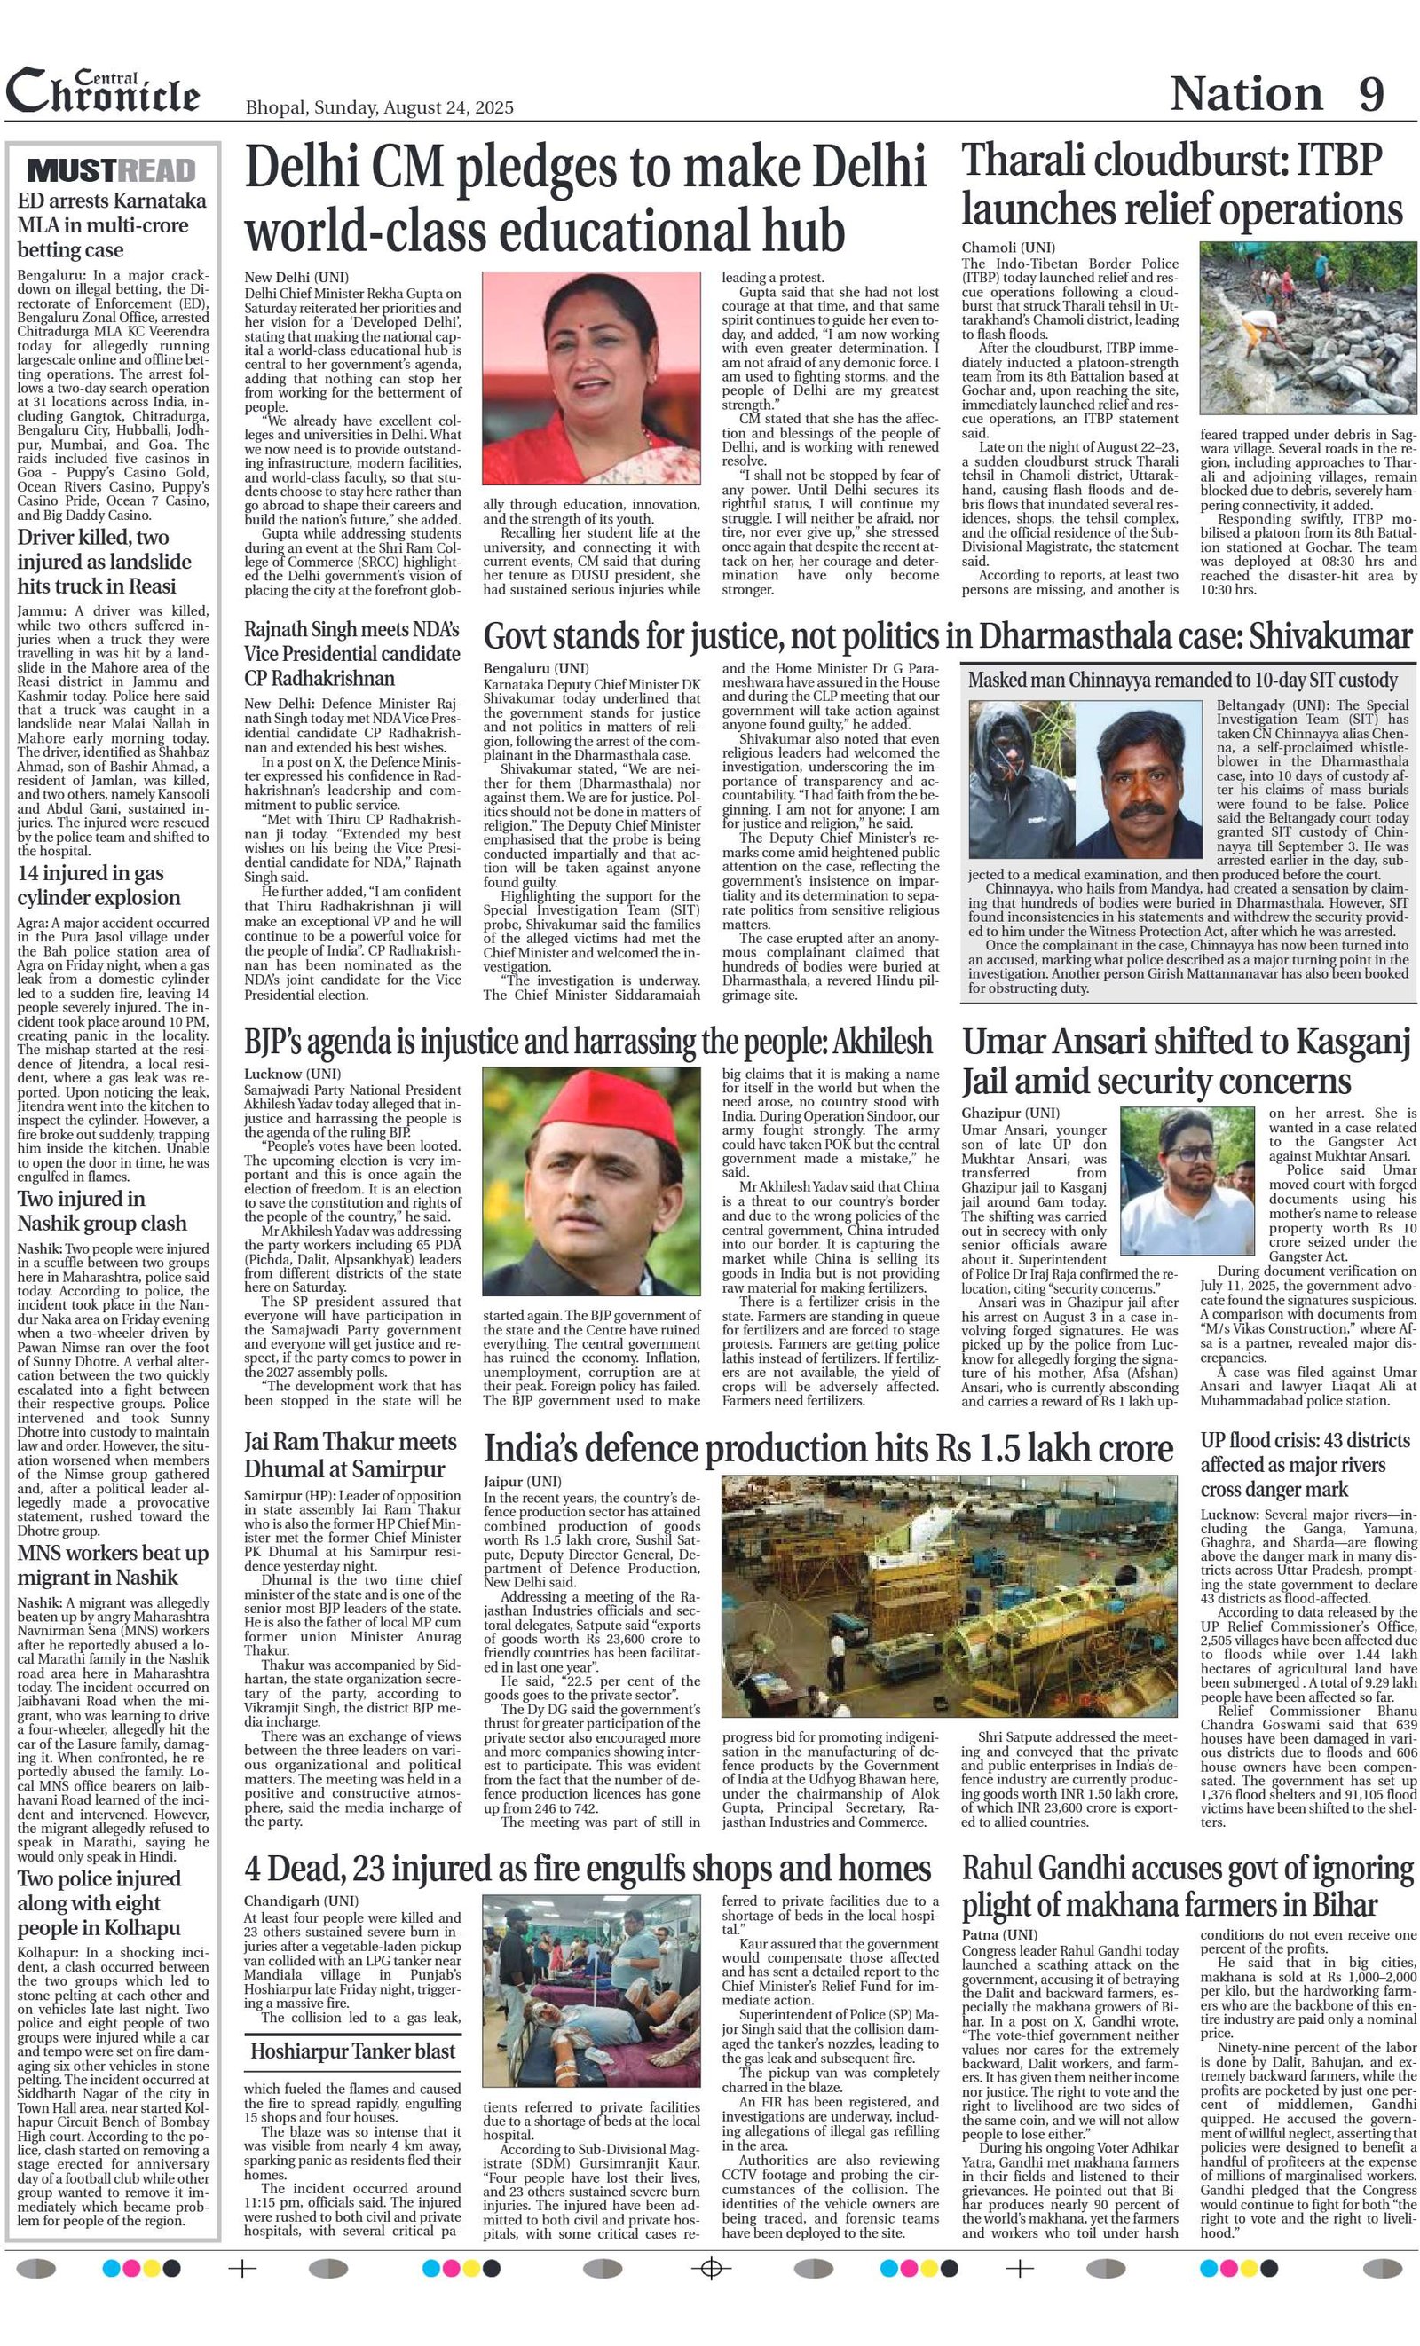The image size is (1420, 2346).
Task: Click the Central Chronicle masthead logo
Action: pyautogui.click(x=103, y=92)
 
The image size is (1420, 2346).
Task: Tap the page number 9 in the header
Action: pyautogui.click(x=1370, y=94)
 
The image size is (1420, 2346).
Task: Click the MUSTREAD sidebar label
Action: pyautogui.click(x=112, y=170)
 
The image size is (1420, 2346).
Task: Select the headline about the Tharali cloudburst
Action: pyautogui.click(x=1181, y=185)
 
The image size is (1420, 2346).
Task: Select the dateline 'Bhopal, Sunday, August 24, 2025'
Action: pyautogui.click(x=379, y=107)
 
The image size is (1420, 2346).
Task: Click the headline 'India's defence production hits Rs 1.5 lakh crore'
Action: pyautogui.click(x=828, y=1449)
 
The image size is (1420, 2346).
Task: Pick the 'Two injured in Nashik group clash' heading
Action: pyautogui.click(x=102, y=1211)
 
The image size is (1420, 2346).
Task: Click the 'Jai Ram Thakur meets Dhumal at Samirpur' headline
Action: pyautogui.click(x=351, y=1456)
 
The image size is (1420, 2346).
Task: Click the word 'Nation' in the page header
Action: pyautogui.click(x=1246, y=94)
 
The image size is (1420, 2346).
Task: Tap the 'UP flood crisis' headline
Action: pyautogui.click(x=1306, y=1464)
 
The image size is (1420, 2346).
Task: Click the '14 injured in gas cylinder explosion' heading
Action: pyautogui.click(x=99, y=886)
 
